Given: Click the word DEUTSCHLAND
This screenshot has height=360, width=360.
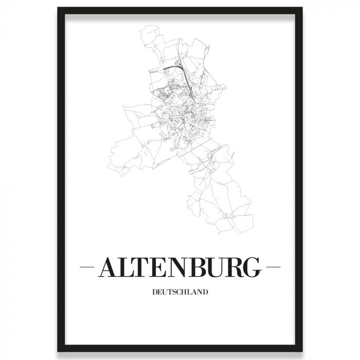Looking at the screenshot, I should tap(180, 293).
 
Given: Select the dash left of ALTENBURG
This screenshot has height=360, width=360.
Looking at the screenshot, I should tap(88, 268).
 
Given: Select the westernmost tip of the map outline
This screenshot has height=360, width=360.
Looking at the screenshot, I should tap(109, 155).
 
